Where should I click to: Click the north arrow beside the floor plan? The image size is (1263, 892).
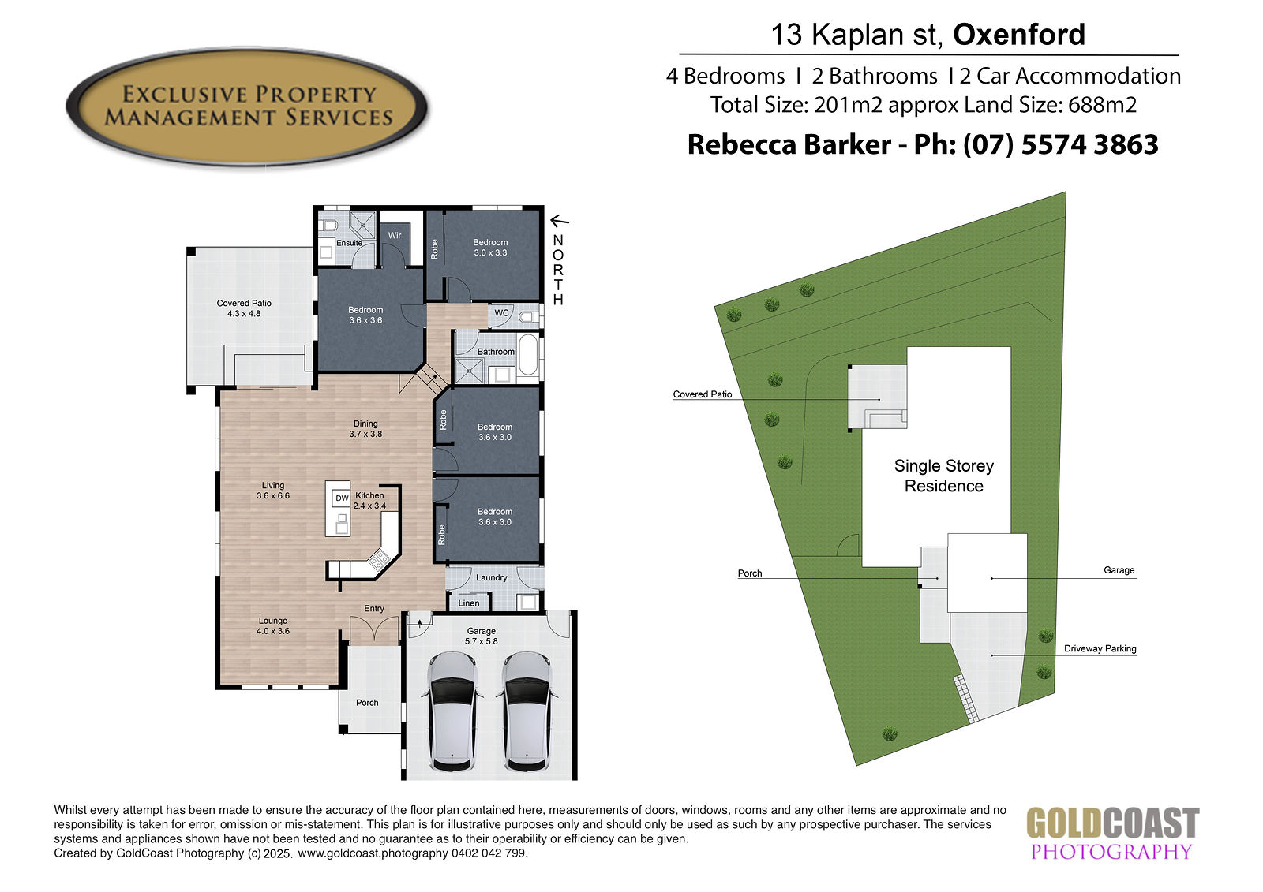[x=560, y=221]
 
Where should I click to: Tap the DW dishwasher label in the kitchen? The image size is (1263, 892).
[x=343, y=498]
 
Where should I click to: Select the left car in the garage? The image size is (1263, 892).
[x=452, y=711]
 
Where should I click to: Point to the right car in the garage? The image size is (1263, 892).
[x=527, y=711]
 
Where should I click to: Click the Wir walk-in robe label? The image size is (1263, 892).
[x=395, y=236]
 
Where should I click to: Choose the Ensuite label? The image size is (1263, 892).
[x=349, y=243]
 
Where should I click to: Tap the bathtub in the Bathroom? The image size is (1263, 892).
[x=528, y=354]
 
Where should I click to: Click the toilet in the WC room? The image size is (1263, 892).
[x=529, y=317]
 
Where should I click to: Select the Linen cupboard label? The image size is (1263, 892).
[x=469, y=603]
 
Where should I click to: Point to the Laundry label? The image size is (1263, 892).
[x=491, y=577]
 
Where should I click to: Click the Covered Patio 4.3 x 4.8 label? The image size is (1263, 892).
[x=244, y=308]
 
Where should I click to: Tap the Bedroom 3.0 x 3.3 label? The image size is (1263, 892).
[x=490, y=248]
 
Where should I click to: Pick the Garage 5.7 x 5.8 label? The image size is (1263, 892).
[x=481, y=636]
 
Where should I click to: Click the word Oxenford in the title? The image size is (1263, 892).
[x=1019, y=35]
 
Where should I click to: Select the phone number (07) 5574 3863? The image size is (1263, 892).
[x=1061, y=144]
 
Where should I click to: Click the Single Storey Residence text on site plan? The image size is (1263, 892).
[x=944, y=476]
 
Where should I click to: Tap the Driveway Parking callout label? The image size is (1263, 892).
[x=1100, y=648]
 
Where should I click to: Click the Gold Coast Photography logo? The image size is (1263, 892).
[x=1112, y=833]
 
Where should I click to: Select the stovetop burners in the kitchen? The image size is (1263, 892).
[x=378, y=559]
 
